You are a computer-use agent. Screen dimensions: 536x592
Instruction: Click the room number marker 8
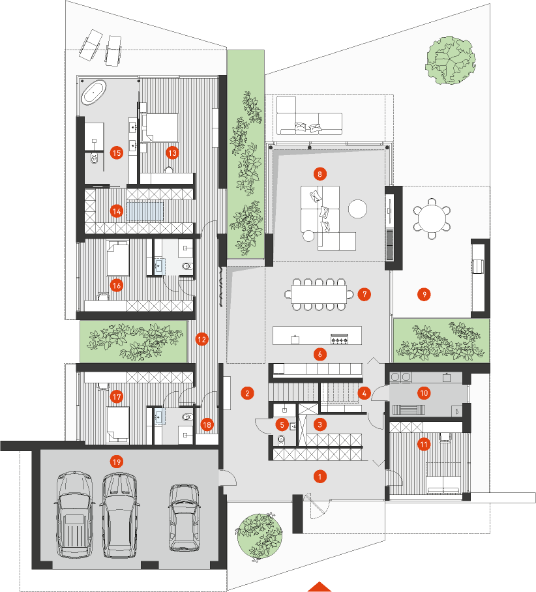(320, 174)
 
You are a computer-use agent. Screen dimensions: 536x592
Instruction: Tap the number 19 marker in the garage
(116, 462)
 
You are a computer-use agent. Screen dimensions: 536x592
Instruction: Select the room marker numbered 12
(201, 339)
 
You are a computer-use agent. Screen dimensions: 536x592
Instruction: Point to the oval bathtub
(94, 92)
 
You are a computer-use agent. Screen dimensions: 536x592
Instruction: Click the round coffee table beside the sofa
(357, 209)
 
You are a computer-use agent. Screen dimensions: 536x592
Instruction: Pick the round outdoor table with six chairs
(432, 218)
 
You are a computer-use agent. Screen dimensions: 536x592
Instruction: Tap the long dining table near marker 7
(318, 294)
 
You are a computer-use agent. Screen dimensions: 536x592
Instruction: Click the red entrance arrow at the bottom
(320, 587)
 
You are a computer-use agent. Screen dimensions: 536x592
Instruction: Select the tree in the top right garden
(451, 60)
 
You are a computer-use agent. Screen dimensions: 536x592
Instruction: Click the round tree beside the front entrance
(259, 537)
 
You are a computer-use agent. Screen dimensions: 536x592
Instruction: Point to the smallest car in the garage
(184, 517)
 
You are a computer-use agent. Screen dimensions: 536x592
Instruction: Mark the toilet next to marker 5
(281, 439)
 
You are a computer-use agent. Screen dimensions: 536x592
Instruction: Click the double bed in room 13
(160, 127)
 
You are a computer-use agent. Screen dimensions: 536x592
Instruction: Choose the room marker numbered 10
(424, 393)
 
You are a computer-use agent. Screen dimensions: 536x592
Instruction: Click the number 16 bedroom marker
(116, 286)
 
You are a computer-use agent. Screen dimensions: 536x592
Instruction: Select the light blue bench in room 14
(145, 212)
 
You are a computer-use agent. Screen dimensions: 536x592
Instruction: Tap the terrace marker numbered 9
(424, 294)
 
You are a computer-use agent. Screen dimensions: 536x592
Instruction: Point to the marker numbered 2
(247, 393)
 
